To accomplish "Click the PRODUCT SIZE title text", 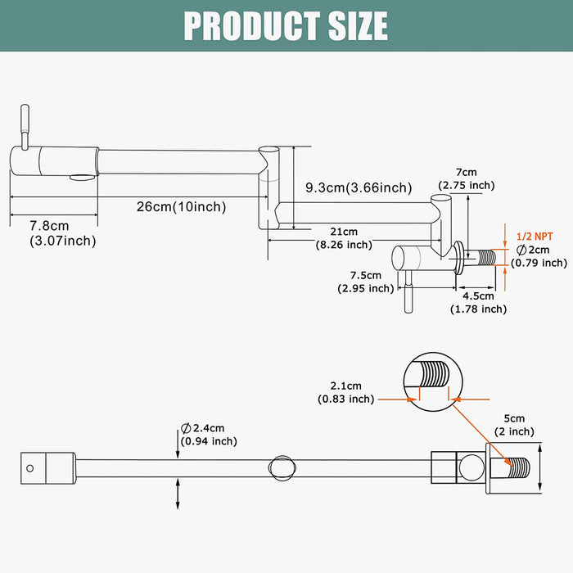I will tap(286, 25).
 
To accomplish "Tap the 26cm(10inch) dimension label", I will tap(181, 206).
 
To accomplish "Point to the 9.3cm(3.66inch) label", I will tap(359, 188).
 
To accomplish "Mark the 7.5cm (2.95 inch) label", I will tap(365, 282).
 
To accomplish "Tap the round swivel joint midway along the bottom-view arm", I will tap(280, 467).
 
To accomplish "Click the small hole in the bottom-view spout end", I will tap(30, 470).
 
